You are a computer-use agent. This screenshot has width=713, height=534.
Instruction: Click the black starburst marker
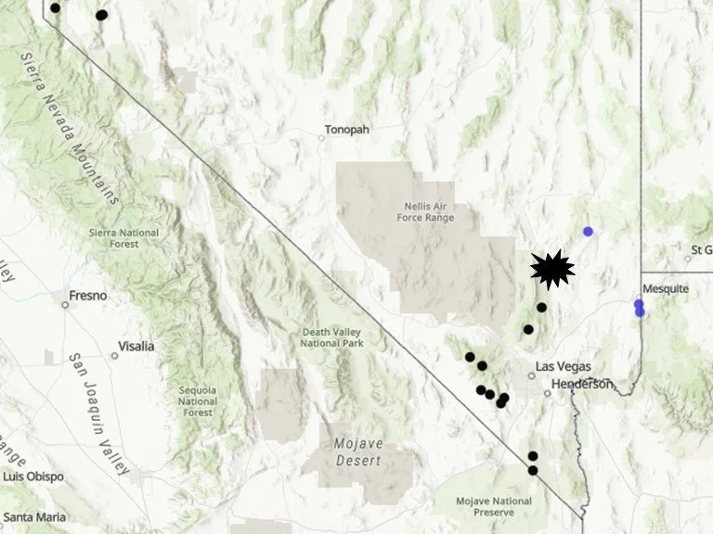(x=551, y=269)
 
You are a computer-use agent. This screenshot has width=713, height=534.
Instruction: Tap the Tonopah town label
(x=347, y=130)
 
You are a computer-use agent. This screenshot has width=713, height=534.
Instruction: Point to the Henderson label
(x=582, y=384)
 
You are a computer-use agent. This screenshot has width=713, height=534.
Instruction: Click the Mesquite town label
(x=666, y=288)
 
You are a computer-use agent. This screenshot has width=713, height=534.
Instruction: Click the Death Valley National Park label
(x=331, y=337)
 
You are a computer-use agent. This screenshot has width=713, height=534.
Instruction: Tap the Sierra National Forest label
(x=124, y=238)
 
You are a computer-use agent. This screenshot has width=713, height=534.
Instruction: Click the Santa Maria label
(x=36, y=516)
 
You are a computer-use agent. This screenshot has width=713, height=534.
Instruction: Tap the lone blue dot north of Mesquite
(x=588, y=231)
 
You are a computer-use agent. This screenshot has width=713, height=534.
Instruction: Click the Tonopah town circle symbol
(x=322, y=138)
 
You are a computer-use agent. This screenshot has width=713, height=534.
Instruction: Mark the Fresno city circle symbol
(x=65, y=304)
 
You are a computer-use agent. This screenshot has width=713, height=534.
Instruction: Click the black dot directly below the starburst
(x=541, y=307)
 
